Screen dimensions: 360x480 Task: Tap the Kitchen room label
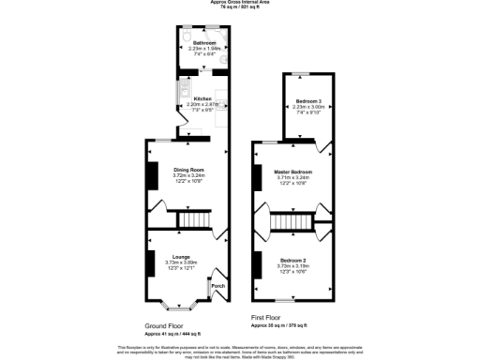tap(203, 97)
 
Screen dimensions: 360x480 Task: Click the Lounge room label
tap(181, 256)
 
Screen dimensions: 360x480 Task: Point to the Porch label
tap(217, 285)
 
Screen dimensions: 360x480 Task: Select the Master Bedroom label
tap(292, 172)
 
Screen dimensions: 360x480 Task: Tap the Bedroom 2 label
tap(292, 260)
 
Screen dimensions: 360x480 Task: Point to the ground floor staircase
tap(193, 219)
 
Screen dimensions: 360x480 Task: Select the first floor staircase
tap(291, 222)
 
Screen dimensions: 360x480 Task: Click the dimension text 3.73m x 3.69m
tap(181, 262)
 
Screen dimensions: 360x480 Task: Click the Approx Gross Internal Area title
tap(239, 3)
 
